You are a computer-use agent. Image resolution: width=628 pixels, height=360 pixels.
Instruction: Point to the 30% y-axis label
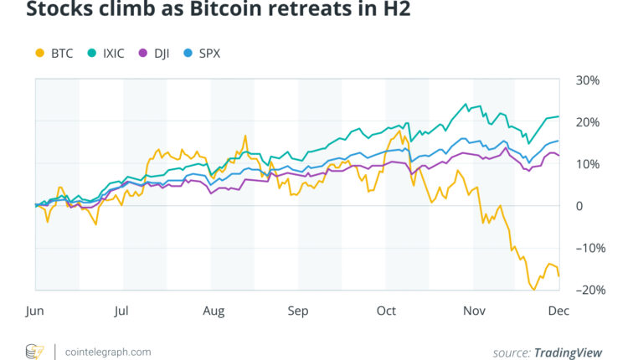(589, 80)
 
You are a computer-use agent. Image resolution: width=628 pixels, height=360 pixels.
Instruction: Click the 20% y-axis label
(589, 122)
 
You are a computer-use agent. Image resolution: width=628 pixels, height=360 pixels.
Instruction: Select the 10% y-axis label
(589, 164)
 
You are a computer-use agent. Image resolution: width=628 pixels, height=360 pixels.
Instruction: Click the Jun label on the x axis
(34, 311)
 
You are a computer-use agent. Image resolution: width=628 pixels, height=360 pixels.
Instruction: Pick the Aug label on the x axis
(214, 311)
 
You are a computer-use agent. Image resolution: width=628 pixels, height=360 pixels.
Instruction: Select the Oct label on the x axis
(386, 311)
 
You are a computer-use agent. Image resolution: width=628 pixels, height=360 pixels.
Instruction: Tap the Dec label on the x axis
(559, 311)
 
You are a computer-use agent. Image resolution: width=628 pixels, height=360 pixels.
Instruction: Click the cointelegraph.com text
(108, 352)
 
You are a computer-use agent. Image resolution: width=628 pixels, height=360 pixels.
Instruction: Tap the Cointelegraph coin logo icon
(35, 351)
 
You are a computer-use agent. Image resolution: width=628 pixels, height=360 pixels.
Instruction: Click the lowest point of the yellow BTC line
(533, 290)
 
